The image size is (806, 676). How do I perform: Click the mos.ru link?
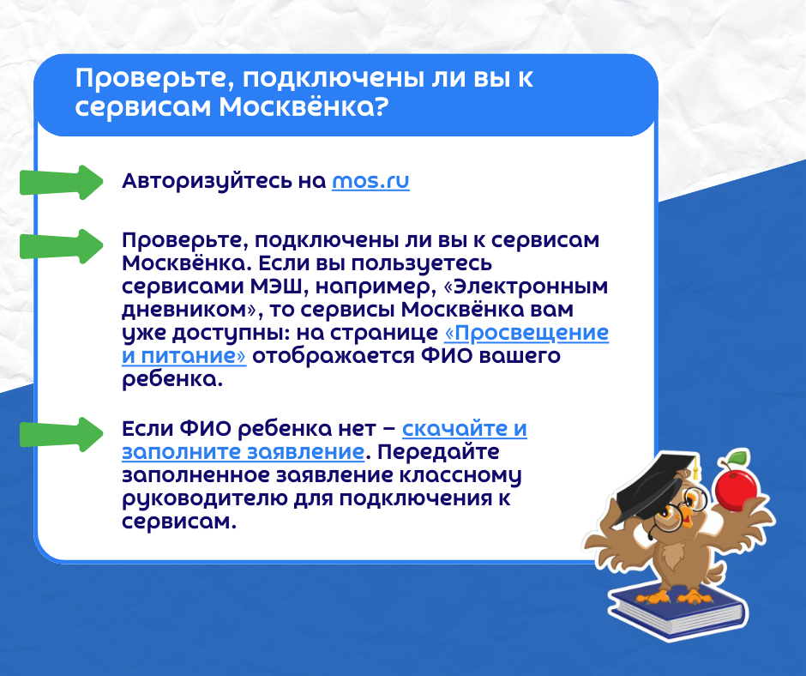click(370, 181)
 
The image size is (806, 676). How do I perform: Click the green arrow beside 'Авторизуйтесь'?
click(62, 182)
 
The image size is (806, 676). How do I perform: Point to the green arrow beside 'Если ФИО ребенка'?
click(62, 435)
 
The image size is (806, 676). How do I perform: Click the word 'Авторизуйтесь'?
click(208, 182)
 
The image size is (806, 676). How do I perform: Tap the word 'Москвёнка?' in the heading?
click(303, 106)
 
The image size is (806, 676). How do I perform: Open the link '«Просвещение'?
click(526, 333)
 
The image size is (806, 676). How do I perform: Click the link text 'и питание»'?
click(184, 356)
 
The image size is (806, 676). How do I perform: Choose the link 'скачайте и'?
click(465, 429)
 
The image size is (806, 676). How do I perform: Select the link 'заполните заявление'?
click(244, 452)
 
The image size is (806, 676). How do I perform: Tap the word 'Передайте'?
click(438, 452)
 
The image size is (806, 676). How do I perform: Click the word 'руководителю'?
click(205, 499)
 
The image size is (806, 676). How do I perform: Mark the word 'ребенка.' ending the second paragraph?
click(172, 380)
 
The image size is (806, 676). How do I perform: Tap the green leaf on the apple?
click(738, 456)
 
